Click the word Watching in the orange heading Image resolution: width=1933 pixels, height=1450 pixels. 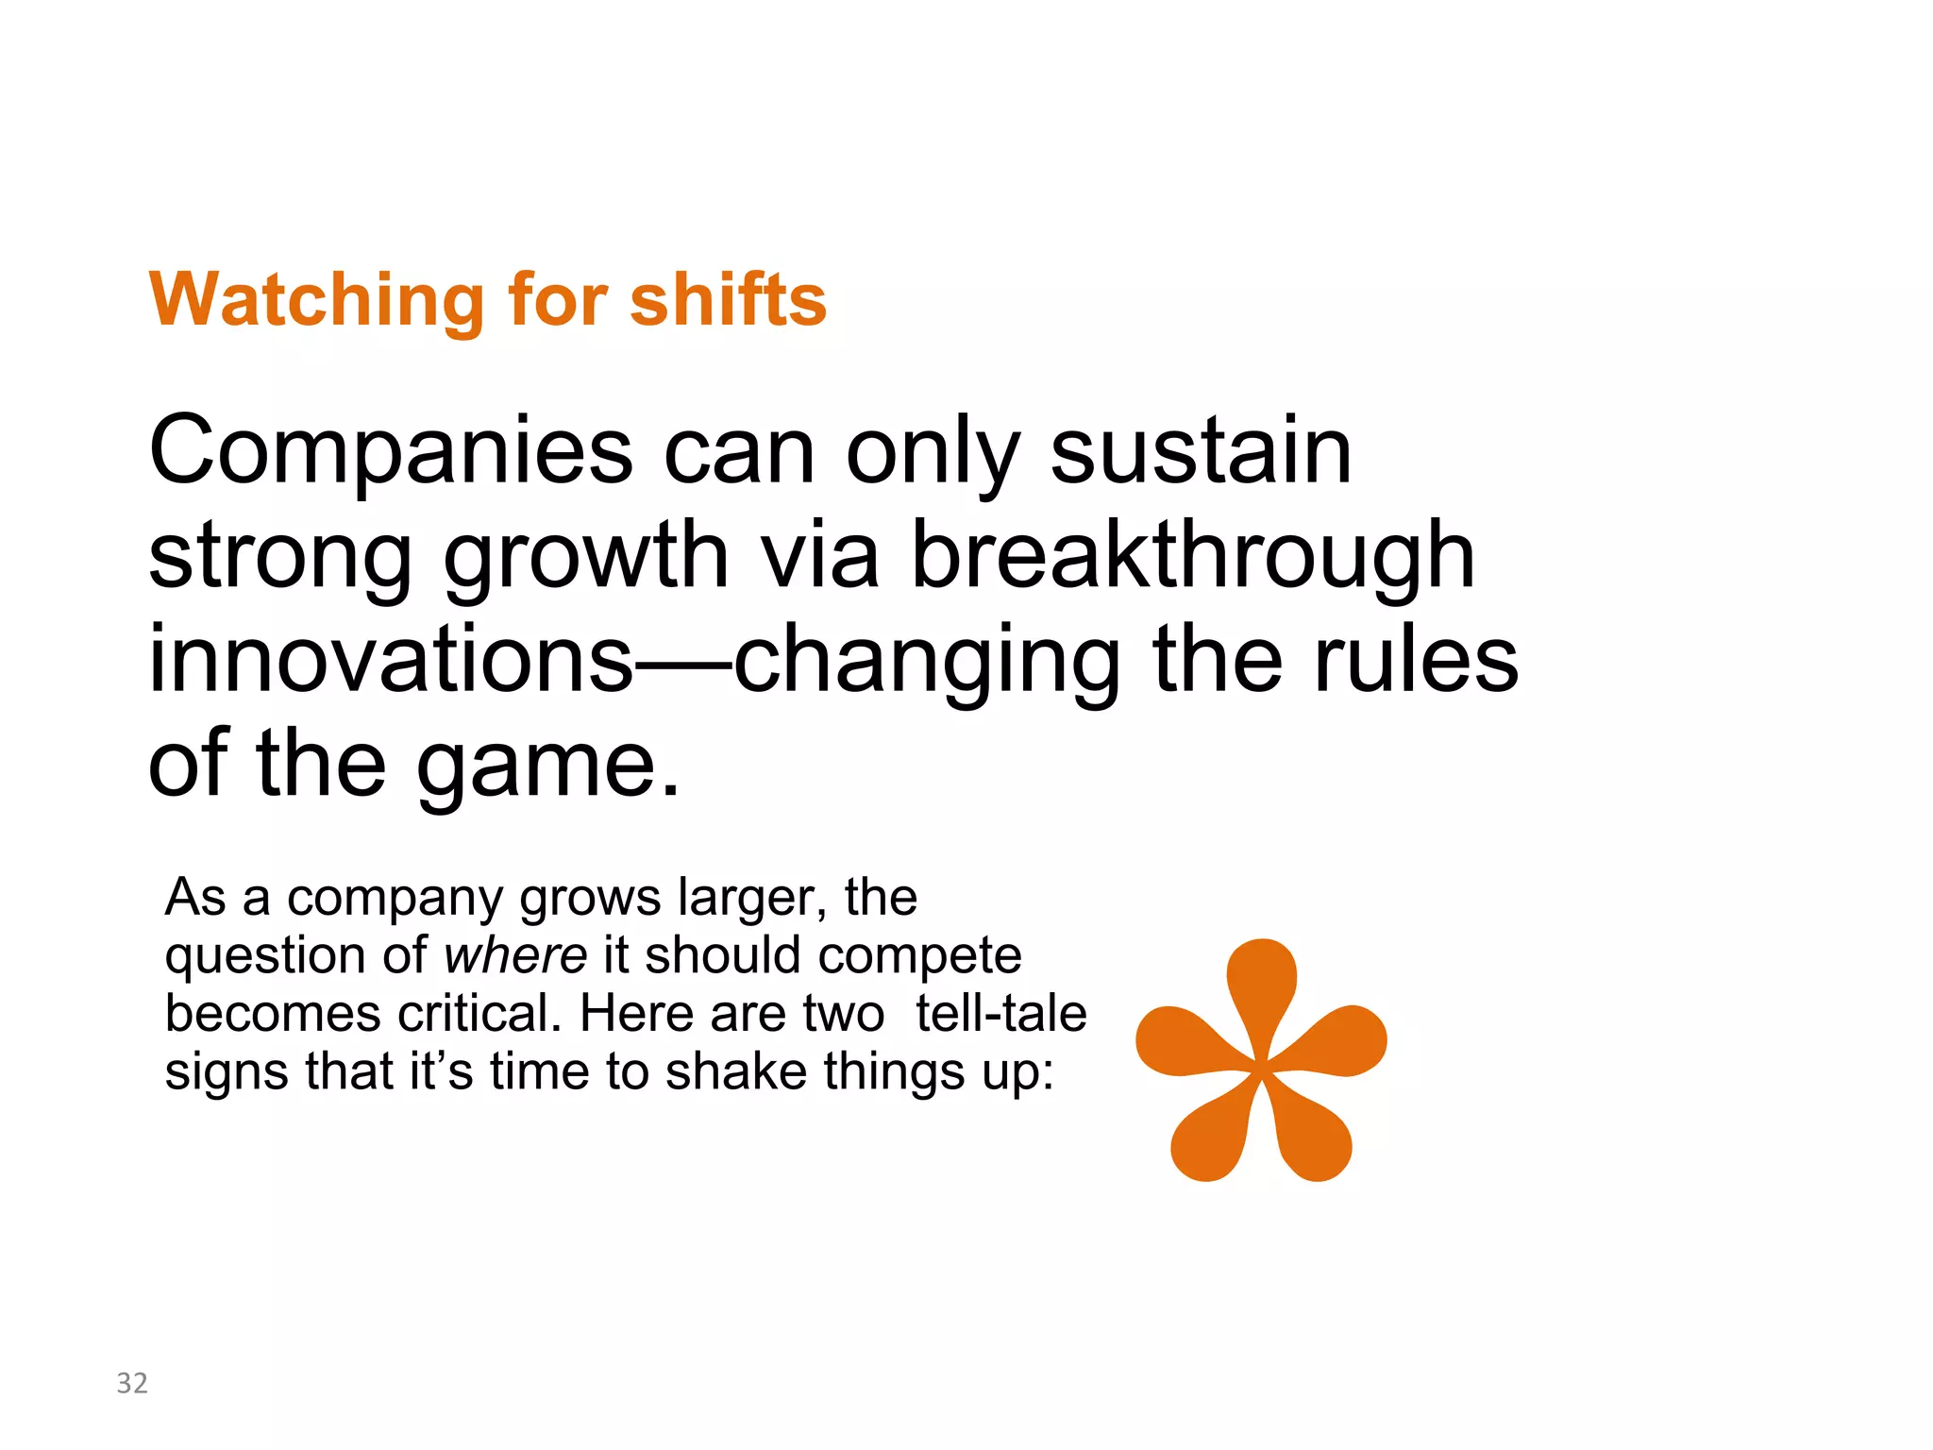[x=316, y=300]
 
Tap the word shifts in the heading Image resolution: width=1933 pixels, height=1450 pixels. [x=728, y=300]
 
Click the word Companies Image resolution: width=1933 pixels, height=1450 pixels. [x=390, y=452]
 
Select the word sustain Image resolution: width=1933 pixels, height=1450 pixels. [x=1201, y=452]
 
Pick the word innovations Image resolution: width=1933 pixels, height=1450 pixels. [x=390, y=661]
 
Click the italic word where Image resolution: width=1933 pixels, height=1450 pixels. [x=516, y=955]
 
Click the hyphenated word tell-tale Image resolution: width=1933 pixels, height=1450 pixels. [x=1000, y=1014]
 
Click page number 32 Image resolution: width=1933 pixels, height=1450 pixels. [x=132, y=1383]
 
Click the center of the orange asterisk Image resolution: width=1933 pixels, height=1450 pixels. [x=1263, y=1070]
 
